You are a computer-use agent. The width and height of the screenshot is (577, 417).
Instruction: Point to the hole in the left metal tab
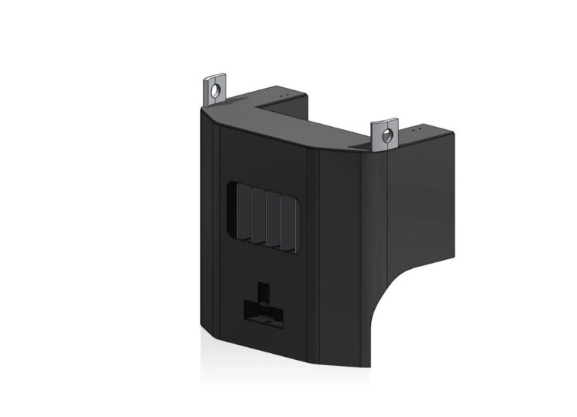216,90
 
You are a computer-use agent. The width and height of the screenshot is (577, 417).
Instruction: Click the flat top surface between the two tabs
301,124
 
